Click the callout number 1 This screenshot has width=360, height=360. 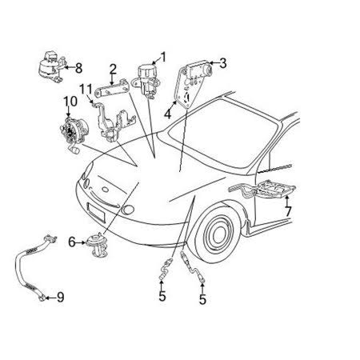(163, 57)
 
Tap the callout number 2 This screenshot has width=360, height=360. (113, 70)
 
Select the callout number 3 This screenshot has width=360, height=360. (222, 63)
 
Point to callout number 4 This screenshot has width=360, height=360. (167, 114)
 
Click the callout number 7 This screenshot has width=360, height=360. (288, 211)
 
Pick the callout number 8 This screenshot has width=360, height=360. (78, 68)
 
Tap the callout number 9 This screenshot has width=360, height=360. (61, 297)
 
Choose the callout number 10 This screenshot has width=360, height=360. (70, 101)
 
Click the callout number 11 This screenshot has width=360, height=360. (86, 90)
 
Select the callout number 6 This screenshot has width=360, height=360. (72, 242)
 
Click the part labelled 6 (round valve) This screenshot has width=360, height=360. (97, 245)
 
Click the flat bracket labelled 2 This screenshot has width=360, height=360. (112, 89)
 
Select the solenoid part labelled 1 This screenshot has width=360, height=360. (146, 80)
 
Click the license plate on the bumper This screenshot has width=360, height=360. (96, 212)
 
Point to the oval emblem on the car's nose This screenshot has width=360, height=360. (106, 190)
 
